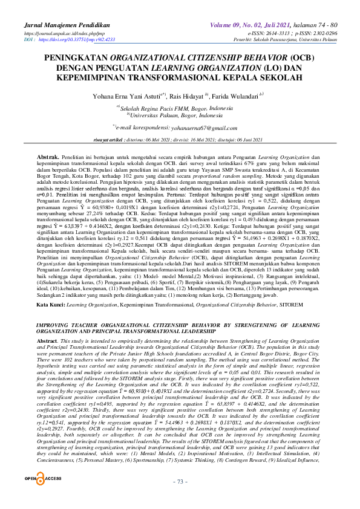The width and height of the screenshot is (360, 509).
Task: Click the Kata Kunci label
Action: (51, 306)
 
